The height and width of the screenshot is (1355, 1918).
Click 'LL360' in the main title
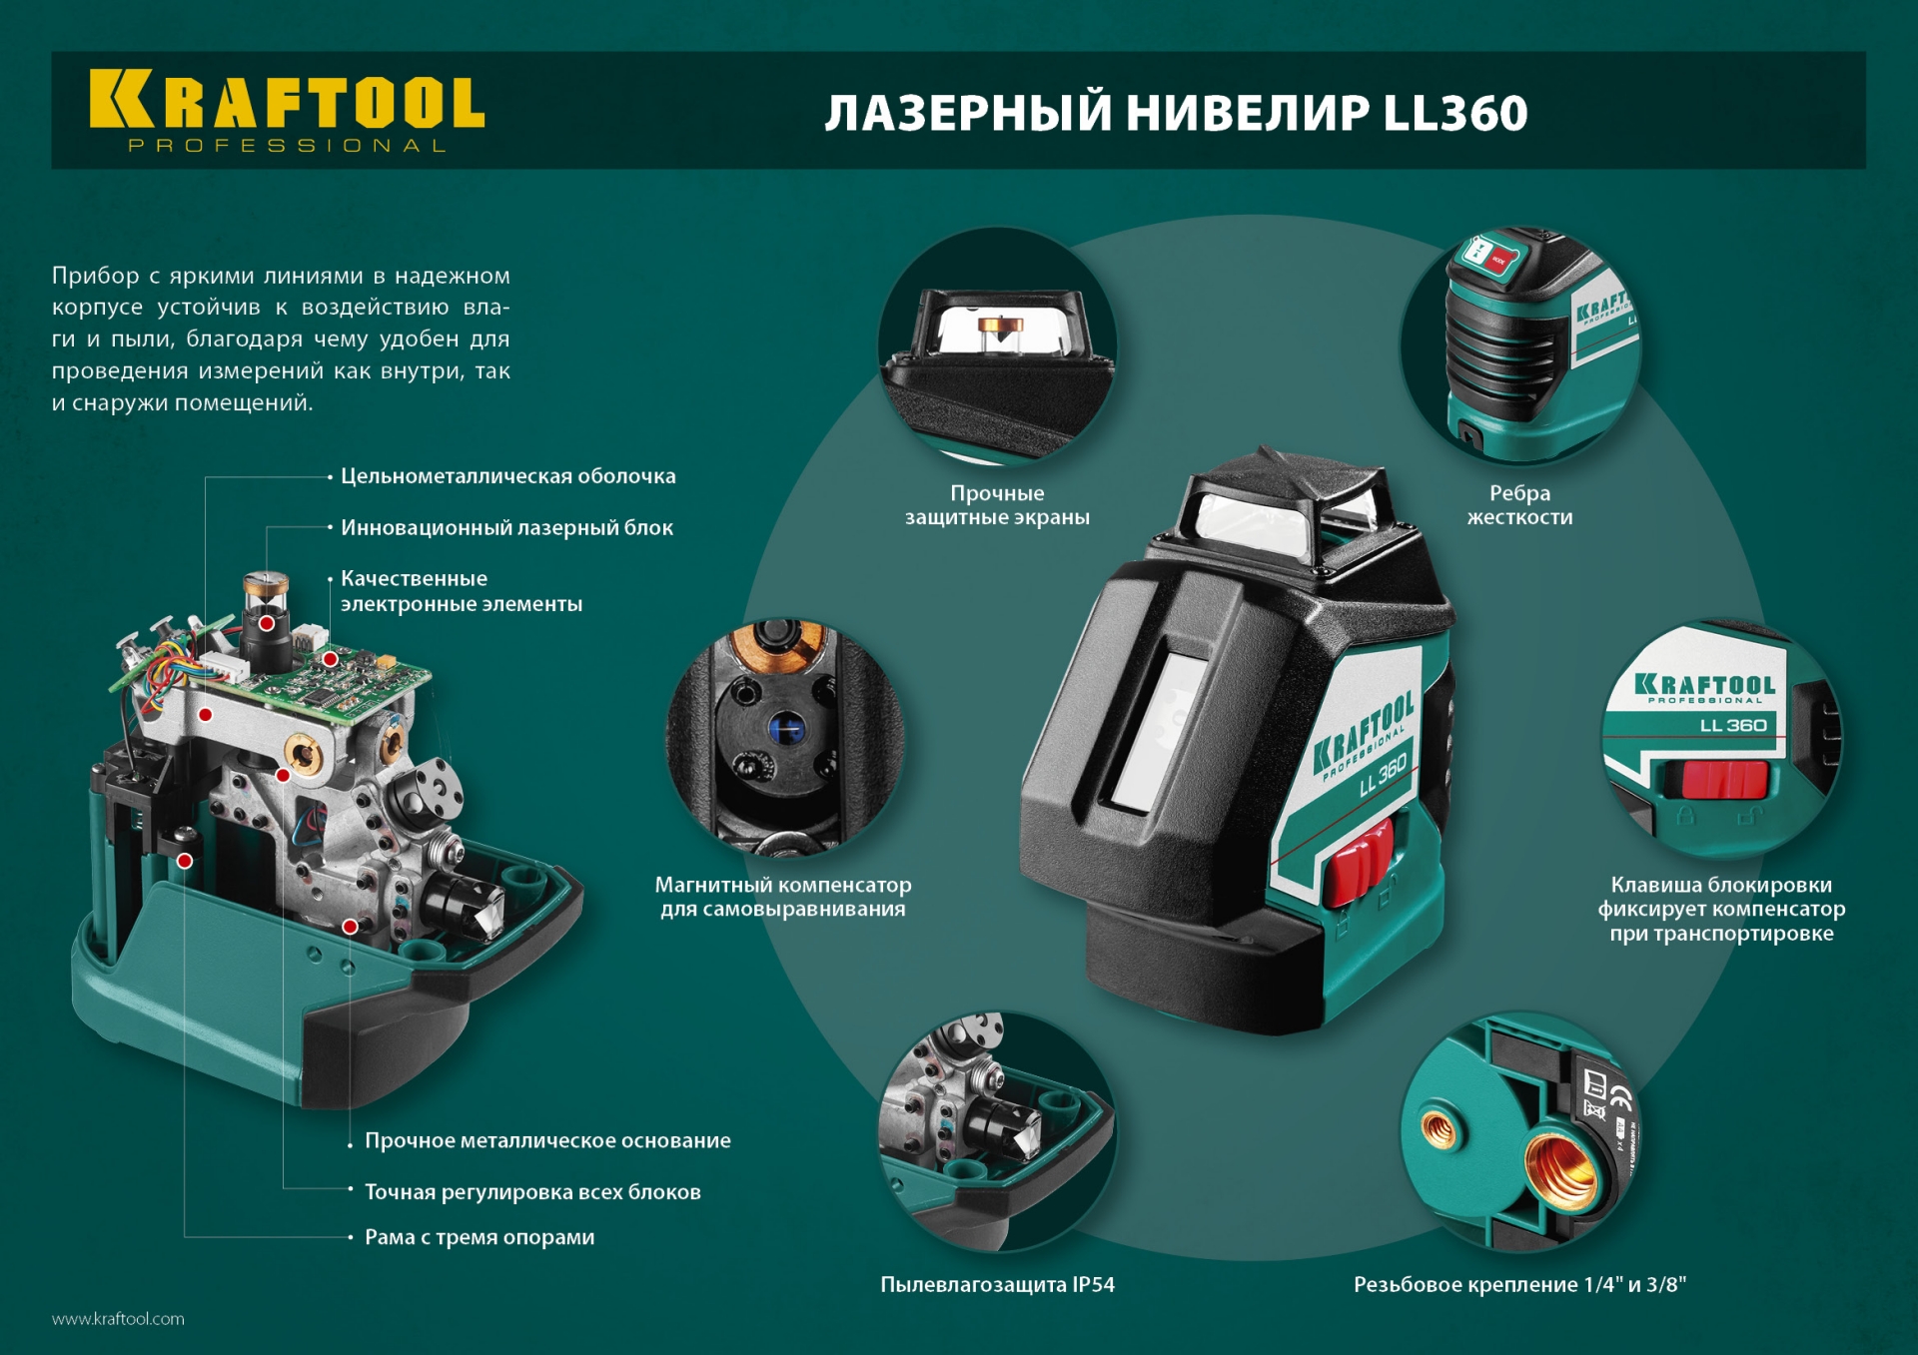click(x=1455, y=113)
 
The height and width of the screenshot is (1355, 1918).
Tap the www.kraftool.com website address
click(x=118, y=1319)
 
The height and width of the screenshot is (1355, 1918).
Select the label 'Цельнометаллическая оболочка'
click(x=507, y=476)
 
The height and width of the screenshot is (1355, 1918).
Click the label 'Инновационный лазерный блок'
click(x=506, y=527)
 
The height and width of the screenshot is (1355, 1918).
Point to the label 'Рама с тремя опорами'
click(x=479, y=1237)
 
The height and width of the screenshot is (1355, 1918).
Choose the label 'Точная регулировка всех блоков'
click(x=532, y=1191)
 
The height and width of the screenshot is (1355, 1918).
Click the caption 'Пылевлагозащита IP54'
click(x=997, y=1284)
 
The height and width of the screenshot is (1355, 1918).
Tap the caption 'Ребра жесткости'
click(x=1518, y=504)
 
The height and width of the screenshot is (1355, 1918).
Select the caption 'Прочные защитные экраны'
click(x=997, y=504)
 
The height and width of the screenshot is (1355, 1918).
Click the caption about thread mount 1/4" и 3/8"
click(x=1518, y=1284)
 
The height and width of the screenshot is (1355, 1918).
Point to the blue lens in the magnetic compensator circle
click(x=785, y=729)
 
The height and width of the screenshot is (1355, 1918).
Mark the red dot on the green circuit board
click(x=330, y=659)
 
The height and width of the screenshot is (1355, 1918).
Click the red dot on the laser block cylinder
click(x=267, y=623)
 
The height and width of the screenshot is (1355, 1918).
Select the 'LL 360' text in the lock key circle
click(x=1733, y=725)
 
